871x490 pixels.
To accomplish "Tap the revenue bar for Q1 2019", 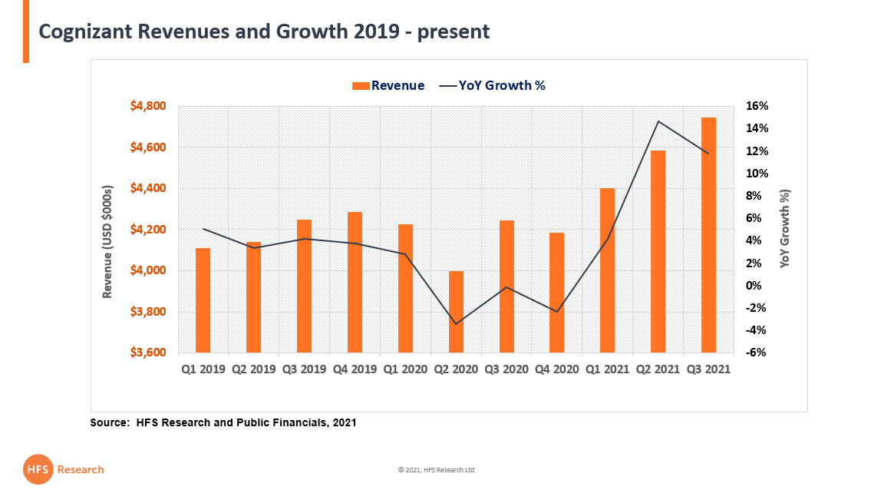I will click(203, 300).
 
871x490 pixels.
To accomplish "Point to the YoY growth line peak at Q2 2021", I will click(658, 121).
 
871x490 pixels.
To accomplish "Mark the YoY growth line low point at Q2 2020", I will click(456, 324).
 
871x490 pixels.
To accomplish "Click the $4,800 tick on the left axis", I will click(148, 106).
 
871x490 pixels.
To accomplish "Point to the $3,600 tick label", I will click(148, 353).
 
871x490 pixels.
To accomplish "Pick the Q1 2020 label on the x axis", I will click(405, 369).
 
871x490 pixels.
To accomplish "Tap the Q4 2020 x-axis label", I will click(557, 369).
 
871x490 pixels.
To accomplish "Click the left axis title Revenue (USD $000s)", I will click(108, 241).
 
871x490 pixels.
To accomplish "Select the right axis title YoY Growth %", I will click(785, 228).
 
